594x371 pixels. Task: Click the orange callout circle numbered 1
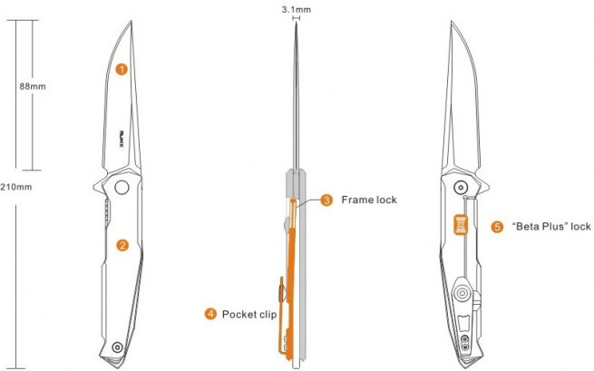[122, 69]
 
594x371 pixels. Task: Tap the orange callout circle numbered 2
[122, 246]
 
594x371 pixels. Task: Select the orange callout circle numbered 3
[326, 200]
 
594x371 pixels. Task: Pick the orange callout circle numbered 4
[210, 314]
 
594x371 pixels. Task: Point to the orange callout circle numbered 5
[497, 227]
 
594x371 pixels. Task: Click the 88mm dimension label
[33, 86]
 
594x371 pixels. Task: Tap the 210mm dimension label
[16, 187]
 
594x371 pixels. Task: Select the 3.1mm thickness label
[297, 9]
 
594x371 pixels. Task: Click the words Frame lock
[369, 200]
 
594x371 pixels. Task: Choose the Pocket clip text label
[249, 315]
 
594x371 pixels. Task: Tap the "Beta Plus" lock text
[551, 227]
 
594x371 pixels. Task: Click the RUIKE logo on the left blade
[122, 140]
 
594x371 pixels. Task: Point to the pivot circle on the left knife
[122, 187]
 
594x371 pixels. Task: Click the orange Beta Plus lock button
[461, 225]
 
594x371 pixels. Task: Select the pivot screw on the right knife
[461, 187]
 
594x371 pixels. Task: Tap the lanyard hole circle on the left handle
[117, 347]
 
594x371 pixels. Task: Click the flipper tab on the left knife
[99, 186]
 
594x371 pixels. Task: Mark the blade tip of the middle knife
[297, 22]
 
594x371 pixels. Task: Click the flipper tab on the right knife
[483, 186]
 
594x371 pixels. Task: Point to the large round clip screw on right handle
[463, 293]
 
